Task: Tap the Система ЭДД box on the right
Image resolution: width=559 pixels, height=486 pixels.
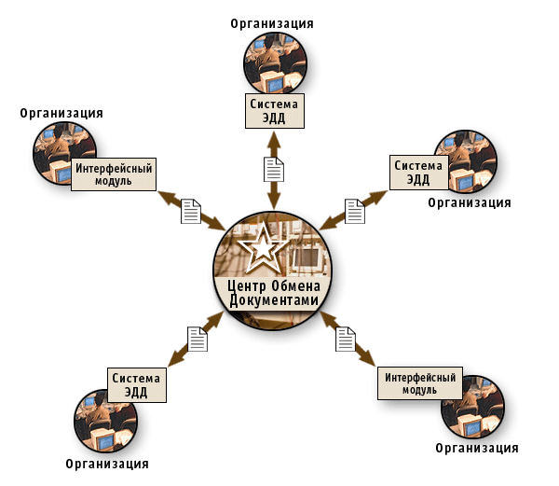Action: (418, 173)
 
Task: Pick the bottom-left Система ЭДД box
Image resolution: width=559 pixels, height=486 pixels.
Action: (137, 384)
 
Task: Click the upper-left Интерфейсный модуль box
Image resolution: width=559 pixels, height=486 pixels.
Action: (114, 174)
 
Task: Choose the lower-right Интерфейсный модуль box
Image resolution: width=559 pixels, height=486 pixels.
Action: (420, 383)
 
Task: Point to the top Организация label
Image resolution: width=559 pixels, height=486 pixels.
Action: (272, 22)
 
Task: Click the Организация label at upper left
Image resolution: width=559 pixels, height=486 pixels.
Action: (61, 113)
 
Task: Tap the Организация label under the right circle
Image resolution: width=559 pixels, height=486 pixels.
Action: (470, 201)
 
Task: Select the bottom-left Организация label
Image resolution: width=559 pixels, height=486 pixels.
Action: (108, 463)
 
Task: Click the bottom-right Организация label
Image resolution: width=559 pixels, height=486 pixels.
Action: (477, 448)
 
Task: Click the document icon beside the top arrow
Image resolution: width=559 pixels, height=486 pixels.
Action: (273, 169)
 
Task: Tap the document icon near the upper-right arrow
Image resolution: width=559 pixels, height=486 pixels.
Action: (355, 211)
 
